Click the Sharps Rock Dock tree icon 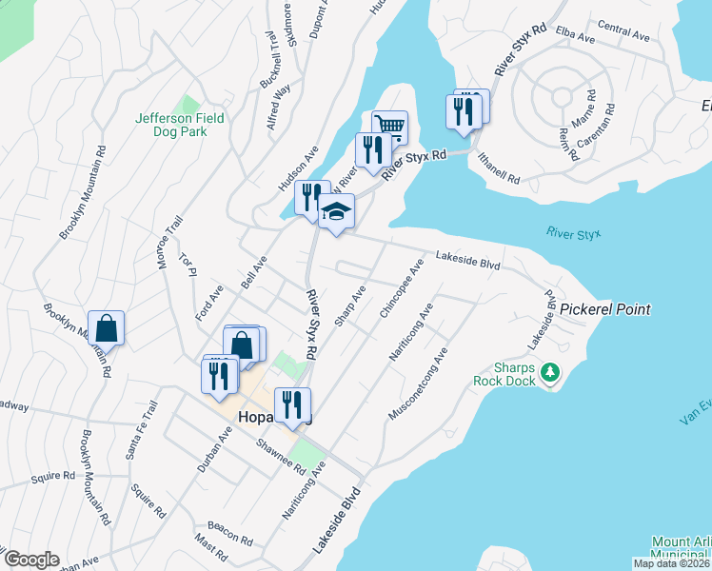pos(548,371)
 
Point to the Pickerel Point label pos(604,309)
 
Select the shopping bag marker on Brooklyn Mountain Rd pos(107,328)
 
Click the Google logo pos(31,560)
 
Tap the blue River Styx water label pos(574,233)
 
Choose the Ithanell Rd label pos(500,167)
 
